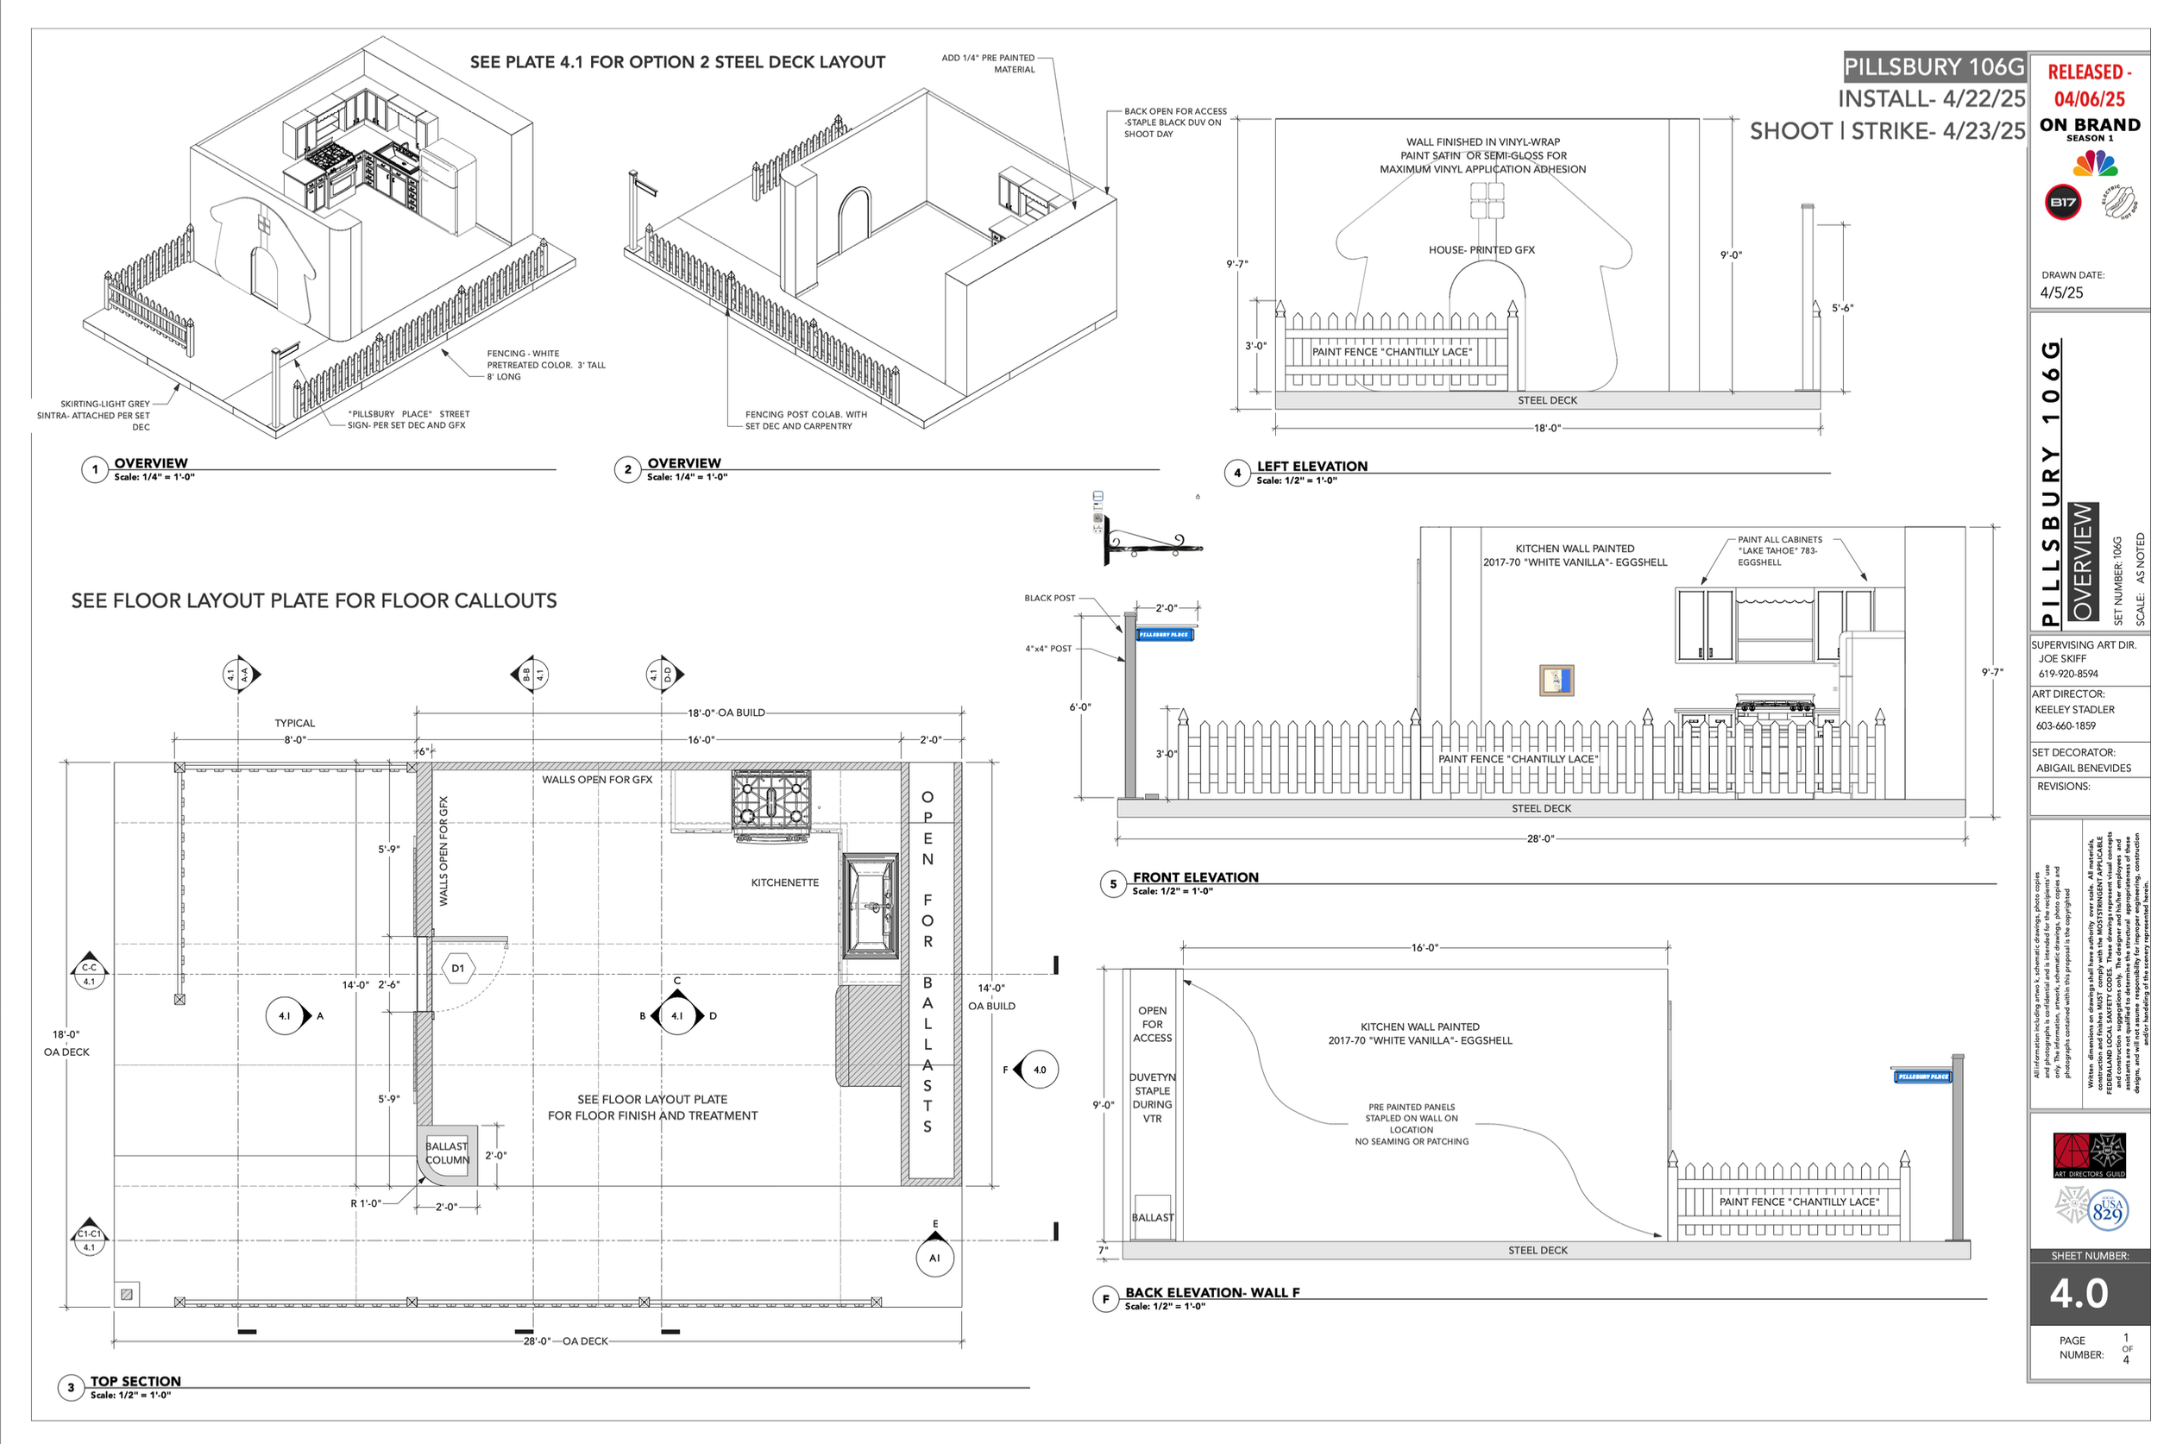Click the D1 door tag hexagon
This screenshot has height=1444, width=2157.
pyautogui.click(x=458, y=968)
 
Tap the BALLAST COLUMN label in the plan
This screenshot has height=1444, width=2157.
pyautogui.click(x=447, y=1153)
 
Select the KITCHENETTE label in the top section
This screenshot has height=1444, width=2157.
pyautogui.click(x=783, y=882)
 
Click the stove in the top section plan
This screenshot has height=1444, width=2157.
pyautogui.click(x=770, y=803)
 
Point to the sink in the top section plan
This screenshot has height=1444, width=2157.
pyautogui.click(x=871, y=905)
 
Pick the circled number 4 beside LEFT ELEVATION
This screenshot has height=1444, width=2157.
pyautogui.click(x=1237, y=473)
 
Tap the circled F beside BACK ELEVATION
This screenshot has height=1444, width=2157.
pyautogui.click(x=1105, y=1298)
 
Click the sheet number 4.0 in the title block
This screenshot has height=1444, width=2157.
pyautogui.click(x=2078, y=1294)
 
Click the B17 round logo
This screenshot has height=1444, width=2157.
pyautogui.click(x=2062, y=203)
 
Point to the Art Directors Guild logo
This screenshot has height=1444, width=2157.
pyautogui.click(x=2089, y=1155)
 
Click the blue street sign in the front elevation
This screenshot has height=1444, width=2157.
pyautogui.click(x=1164, y=635)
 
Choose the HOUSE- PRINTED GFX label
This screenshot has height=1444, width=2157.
pyautogui.click(x=1481, y=249)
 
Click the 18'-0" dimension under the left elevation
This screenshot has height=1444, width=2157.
pyautogui.click(x=1546, y=428)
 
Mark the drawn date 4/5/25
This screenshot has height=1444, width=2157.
pyautogui.click(x=2061, y=292)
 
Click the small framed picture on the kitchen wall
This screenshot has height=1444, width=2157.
pyautogui.click(x=1556, y=681)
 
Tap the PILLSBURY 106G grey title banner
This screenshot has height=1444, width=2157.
pyautogui.click(x=1934, y=66)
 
